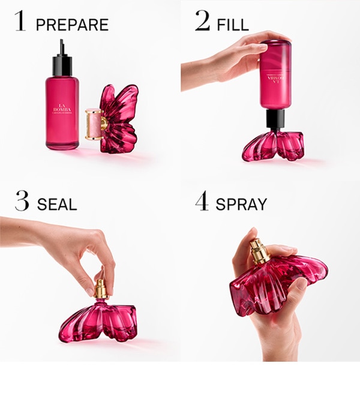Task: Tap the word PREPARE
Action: coord(72,25)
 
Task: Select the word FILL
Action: coord(233,25)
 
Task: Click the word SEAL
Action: coord(57,205)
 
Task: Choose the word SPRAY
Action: coord(241,205)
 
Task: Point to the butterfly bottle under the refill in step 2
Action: coord(273,146)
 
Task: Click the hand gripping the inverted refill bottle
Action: coord(237,57)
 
